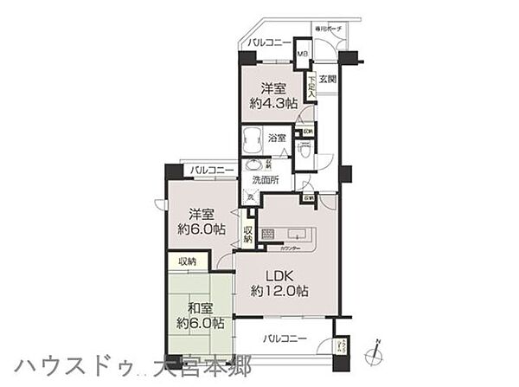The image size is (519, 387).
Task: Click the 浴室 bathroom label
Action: [278, 138]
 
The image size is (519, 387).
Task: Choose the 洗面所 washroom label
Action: [266, 179]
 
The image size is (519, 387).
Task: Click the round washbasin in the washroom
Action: [253, 165]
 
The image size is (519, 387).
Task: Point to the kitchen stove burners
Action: [267, 234]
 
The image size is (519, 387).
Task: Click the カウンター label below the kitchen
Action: [292, 248]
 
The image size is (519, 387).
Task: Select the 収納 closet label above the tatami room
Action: [187, 260]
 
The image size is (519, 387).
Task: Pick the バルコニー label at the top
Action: [269, 42]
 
